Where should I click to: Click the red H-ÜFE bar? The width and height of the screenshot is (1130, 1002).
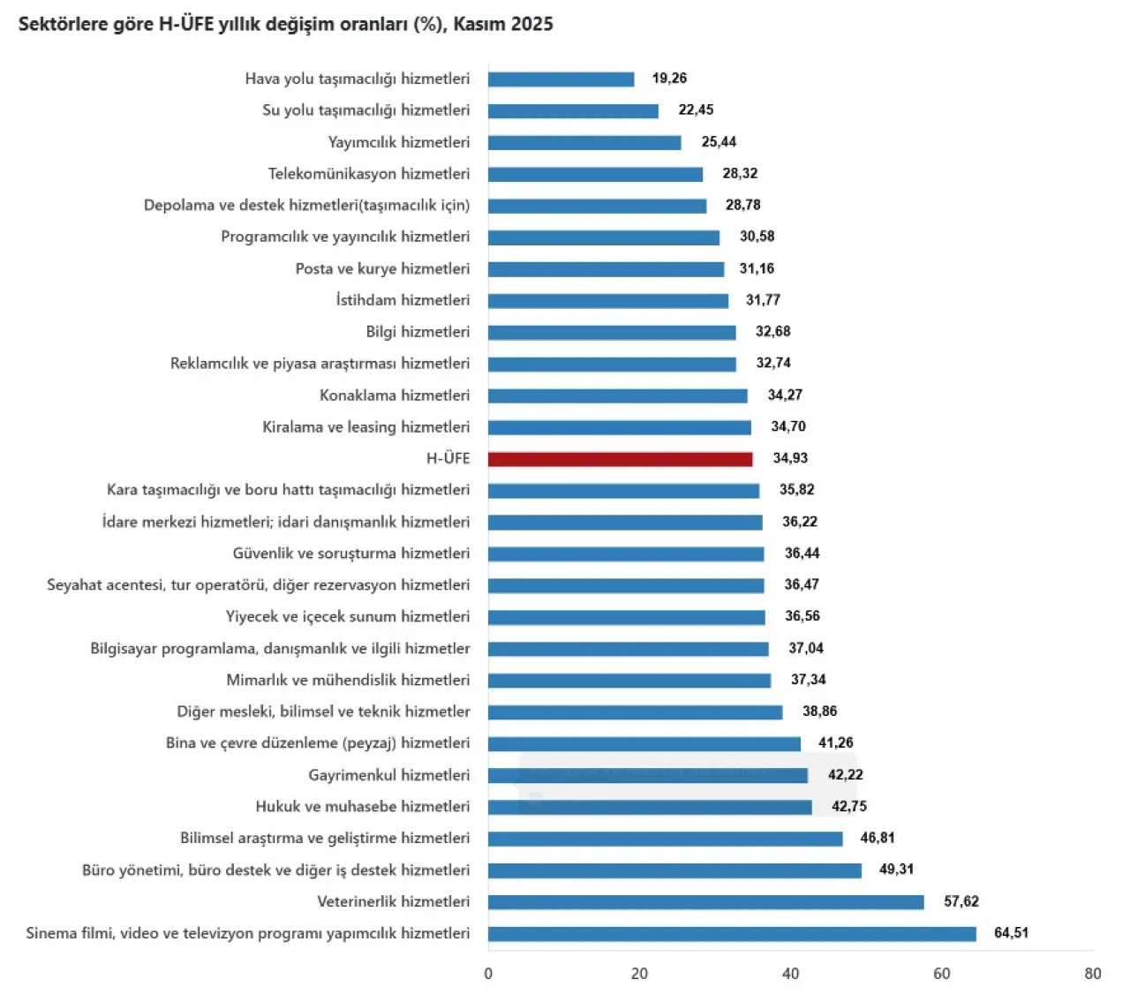pos(620,459)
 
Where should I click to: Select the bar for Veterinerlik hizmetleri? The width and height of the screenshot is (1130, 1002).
pos(705,902)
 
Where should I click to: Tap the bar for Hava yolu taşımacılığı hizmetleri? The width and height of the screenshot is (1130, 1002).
pos(561,79)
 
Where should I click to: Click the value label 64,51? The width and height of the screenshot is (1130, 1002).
pos(1011,933)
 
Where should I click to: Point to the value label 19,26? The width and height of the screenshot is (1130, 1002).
pos(669,79)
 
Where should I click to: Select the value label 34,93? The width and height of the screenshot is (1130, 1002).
pos(790,458)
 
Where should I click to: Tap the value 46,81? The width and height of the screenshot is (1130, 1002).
pos(878,838)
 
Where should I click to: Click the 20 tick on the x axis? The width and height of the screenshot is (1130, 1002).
pos(639,974)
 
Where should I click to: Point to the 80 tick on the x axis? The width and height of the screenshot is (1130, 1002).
pos(1093,974)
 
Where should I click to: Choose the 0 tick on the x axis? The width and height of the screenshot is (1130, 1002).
pos(488,974)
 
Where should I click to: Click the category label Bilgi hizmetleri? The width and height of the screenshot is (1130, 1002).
pos(418,332)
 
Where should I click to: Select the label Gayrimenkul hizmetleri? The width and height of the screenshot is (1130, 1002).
pos(388,775)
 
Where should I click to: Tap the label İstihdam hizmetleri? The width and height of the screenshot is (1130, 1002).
pos(403,300)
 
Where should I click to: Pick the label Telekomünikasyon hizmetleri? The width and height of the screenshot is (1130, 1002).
pos(369,174)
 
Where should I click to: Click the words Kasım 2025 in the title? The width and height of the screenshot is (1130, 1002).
pos(503,25)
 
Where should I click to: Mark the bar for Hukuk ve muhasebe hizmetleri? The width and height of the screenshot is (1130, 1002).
pos(650,807)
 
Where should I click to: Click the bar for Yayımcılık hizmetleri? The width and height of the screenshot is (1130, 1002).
pos(584,143)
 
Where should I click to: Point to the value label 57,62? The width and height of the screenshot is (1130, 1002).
pos(960,901)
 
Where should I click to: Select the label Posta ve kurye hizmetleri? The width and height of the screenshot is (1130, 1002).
pos(382,268)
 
